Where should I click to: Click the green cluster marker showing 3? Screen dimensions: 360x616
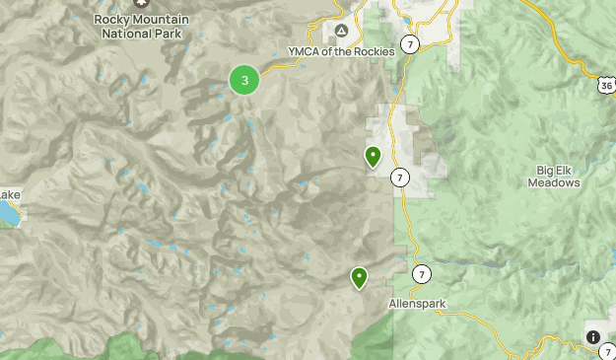[x=244, y=80]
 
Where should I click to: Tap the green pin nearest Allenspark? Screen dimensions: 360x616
[x=360, y=278]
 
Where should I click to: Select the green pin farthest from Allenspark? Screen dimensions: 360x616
[x=374, y=156]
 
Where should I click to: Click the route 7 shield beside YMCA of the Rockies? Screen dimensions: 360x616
[x=409, y=46]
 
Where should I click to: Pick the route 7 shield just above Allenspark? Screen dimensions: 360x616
[x=421, y=274]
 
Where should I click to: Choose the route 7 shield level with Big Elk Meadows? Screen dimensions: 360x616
[x=399, y=178]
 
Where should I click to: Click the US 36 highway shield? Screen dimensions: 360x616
[x=606, y=84]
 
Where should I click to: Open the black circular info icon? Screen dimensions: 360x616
[x=593, y=336]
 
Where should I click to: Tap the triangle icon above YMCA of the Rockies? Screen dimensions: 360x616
[x=341, y=32]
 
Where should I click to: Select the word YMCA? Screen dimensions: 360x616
[x=303, y=51]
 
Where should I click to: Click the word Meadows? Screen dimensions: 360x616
[x=553, y=183]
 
